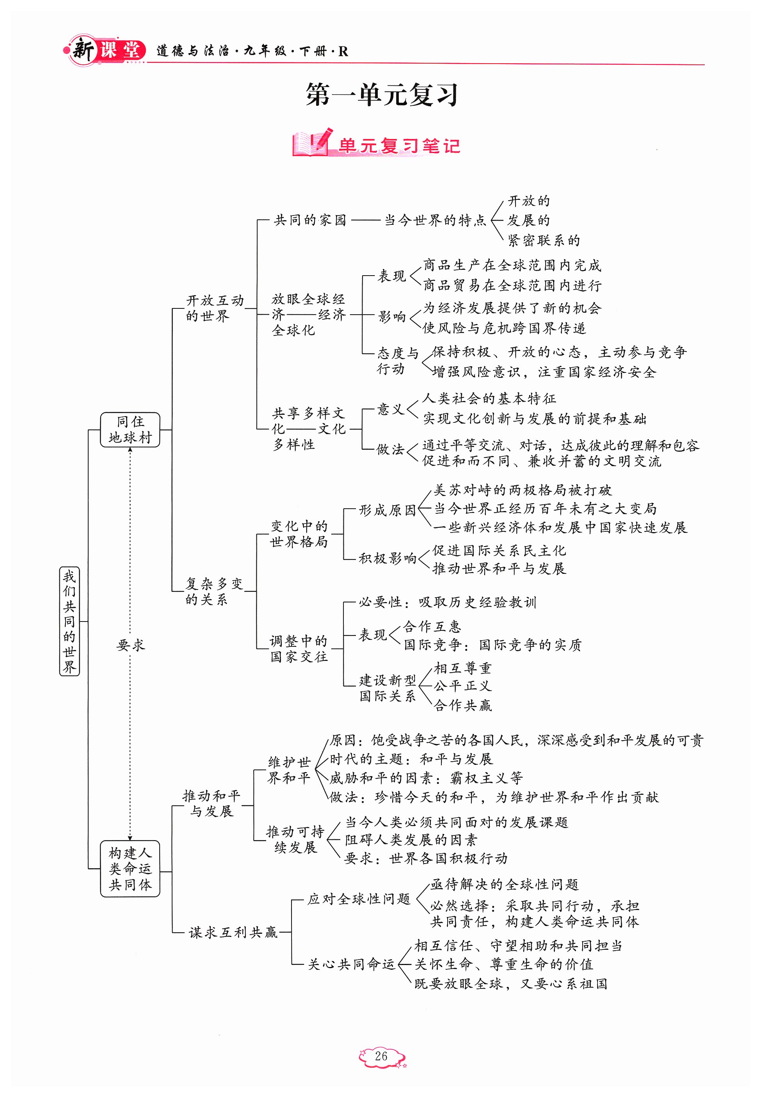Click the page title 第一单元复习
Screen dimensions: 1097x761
tap(381, 95)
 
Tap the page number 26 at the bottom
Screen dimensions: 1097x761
tap(381, 1056)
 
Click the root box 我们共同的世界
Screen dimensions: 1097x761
tap(69, 621)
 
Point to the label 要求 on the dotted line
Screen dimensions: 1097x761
tap(130, 645)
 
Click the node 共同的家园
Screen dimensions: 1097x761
tap(309, 220)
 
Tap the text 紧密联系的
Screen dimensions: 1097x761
tap(543, 240)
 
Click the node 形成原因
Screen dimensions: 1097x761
tap(387, 510)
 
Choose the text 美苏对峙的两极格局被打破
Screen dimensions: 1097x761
tap(522, 490)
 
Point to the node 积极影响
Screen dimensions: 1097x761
tap(387, 557)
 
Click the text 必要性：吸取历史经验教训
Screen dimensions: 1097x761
tap(447, 602)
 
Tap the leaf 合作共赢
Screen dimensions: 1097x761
tap(462, 705)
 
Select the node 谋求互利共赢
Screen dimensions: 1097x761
tap(233, 931)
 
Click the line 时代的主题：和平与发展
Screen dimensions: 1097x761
tap(411, 759)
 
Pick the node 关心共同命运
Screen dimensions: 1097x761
tap(351, 964)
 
